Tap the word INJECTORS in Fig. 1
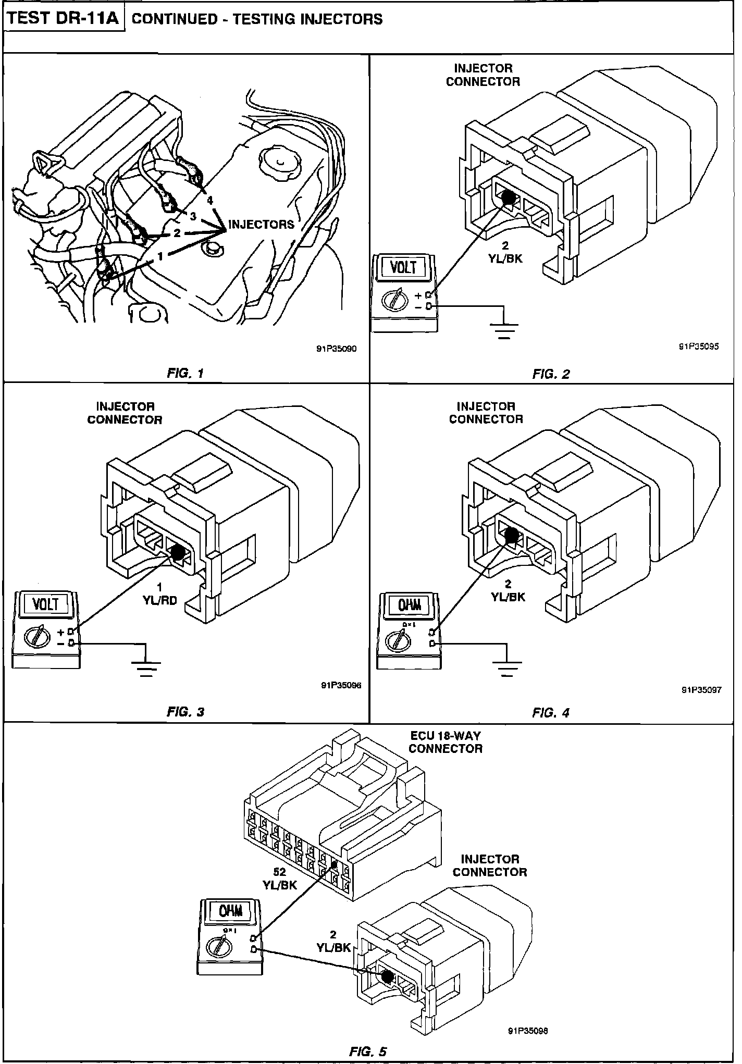click(261, 225)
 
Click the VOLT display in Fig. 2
click(404, 267)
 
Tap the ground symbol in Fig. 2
click(504, 330)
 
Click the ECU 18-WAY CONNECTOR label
click(445, 742)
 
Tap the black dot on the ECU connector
click(334, 865)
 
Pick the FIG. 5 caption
click(368, 1051)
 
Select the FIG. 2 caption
click(551, 374)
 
